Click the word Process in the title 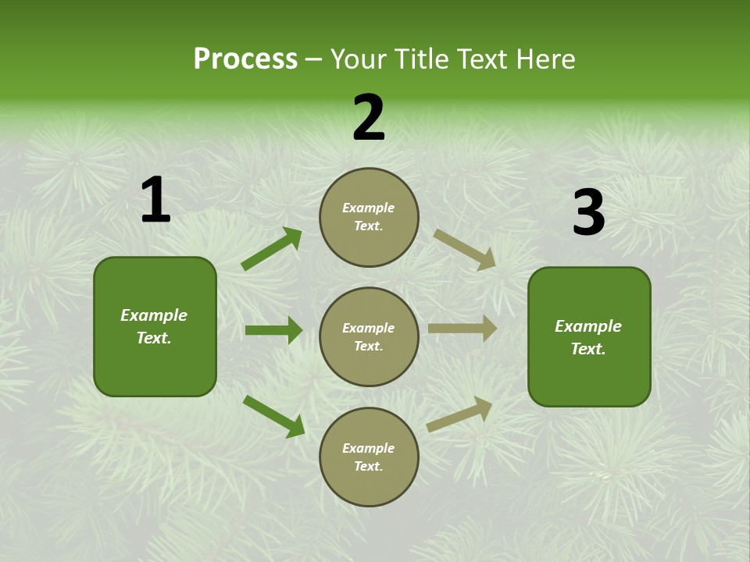point(245,59)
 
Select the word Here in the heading point(544,59)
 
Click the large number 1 point(155,201)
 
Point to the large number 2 point(369,118)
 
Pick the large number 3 point(588,212)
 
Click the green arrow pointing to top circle point(271,249)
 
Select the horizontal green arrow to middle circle point(273,330)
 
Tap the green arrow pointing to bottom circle point(273,416)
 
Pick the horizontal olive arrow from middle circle point(462,329)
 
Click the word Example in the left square point(154,315)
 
